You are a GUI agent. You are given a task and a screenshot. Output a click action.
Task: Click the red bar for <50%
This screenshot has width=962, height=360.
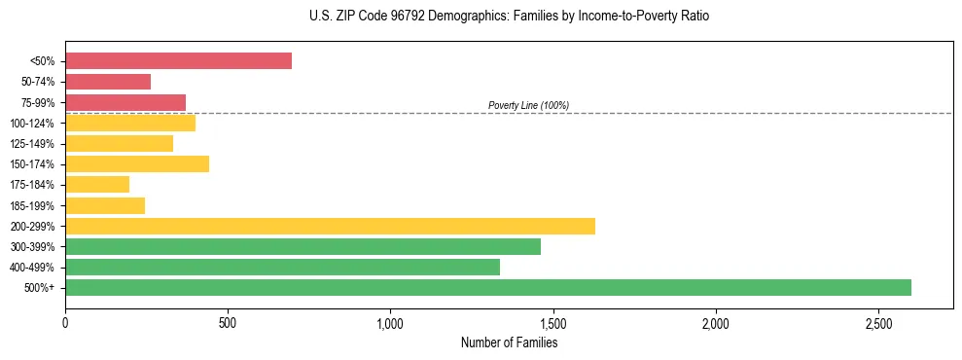click(x=178, y=61)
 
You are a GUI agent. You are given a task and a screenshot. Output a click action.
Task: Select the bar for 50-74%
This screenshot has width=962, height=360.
click(x=108, y=82)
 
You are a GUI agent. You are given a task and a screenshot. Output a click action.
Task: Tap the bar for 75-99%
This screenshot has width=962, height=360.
click(x=125, y=102)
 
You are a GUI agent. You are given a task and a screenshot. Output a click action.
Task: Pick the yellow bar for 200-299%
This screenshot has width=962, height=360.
click(x=330, y=226)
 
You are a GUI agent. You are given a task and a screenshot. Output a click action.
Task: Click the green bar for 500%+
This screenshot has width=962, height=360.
click(x=488, y=287)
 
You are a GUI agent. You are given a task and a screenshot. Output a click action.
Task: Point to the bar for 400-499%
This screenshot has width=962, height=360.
click(x=282, y=267)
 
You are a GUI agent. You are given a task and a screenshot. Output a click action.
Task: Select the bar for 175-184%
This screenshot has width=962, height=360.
click(x=97, y=184)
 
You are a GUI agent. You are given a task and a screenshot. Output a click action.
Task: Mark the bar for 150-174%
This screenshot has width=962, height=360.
click(x=137, y=163)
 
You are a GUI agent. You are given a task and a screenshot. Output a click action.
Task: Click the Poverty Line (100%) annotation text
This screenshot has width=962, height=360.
click(x=528, y=105)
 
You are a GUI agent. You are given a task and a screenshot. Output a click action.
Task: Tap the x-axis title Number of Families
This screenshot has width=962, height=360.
click(x=509, y=342)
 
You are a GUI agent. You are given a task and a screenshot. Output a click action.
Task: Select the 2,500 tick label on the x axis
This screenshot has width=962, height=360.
click(x=877, y=322)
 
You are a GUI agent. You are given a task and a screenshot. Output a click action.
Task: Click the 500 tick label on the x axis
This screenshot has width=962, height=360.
click(x=228, y=322)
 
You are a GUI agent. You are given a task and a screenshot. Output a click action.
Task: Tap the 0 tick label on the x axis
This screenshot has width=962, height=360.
click(x=65, y=322)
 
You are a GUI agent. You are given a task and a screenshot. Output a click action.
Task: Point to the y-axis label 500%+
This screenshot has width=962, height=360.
click(x=40, y=288)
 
